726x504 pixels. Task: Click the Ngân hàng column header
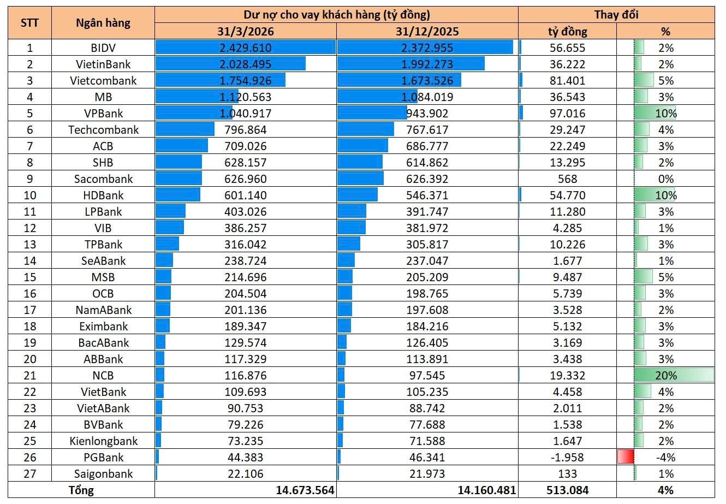point(103,23)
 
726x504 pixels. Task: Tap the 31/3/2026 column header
point(245,32)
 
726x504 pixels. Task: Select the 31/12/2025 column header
point(427,32)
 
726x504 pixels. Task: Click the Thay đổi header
point(616,15)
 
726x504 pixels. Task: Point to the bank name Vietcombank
point(103,81)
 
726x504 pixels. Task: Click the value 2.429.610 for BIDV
point(245,48)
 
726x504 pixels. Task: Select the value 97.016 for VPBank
point(568,114)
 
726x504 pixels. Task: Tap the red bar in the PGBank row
point(626,456)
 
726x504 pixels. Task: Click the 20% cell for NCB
point(666,375)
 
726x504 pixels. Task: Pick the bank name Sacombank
point(103,179)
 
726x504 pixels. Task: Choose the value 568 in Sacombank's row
point(568,179)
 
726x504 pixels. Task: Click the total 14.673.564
point(305,490)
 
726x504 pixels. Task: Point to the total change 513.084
point(568,490)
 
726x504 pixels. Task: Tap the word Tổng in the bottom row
point(81,490)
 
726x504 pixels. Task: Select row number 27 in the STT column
point(29,474)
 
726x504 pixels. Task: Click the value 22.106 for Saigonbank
point(245,474)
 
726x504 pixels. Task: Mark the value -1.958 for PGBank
point(568,458)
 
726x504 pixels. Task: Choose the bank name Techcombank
point(103,130)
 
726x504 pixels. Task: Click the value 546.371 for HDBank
point(427,195)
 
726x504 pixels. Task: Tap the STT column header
point(29,23)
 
